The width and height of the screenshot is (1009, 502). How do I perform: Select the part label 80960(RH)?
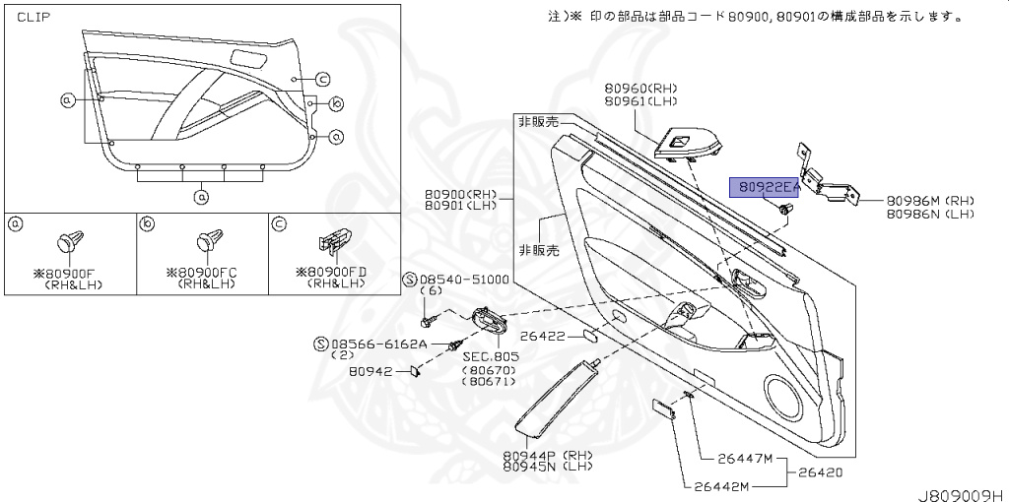[x=641, y=88]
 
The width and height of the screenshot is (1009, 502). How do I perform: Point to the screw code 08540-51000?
[x=462, y=280]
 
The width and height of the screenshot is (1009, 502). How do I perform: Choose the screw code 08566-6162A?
[x=378, y=344]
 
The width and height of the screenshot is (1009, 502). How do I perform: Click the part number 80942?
[x=371, y=371]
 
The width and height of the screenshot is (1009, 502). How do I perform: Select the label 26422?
[x=542, y=337]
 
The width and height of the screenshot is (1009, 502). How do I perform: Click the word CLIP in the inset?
[x=34, y=18]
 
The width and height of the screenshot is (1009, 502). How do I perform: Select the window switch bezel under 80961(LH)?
[x=682, y=145]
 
